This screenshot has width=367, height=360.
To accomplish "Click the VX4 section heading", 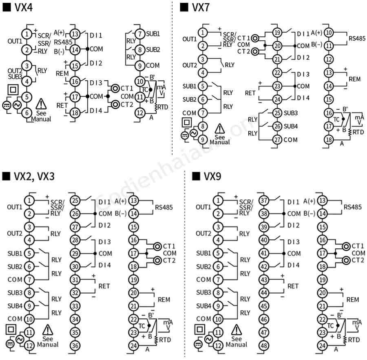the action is (18, 7).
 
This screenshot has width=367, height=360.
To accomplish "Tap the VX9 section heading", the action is (206, 176).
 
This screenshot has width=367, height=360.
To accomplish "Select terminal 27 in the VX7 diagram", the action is (277, 140).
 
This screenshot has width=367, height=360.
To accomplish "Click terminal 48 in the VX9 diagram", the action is (264, 345).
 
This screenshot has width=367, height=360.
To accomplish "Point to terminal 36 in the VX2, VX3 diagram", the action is (75, 345).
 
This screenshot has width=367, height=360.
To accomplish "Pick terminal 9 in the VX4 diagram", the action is (140, 66).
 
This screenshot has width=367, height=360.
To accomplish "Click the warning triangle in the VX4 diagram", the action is (41, 104).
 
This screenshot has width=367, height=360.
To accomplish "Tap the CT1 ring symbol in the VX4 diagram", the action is (115, 88).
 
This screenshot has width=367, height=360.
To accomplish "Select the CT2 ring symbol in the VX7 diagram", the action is (255, 51).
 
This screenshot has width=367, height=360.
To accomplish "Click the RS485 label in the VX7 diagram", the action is (357, 38).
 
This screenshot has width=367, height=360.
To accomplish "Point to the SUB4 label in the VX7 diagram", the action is (291, 126).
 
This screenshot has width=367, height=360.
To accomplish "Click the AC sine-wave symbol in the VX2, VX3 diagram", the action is (20, 339).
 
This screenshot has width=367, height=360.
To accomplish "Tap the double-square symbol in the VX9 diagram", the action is (200, 329).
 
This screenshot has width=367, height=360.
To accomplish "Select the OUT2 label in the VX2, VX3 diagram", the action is (15, 234).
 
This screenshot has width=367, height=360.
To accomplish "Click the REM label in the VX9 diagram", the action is (353, 300).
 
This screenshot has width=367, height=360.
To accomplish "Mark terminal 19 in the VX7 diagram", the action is (277, 33).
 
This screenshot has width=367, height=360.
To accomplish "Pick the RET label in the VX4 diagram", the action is (62, 106).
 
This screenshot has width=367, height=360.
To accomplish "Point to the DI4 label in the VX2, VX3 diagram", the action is (105, 265).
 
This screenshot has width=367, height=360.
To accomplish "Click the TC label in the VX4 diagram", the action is (145, 90).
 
